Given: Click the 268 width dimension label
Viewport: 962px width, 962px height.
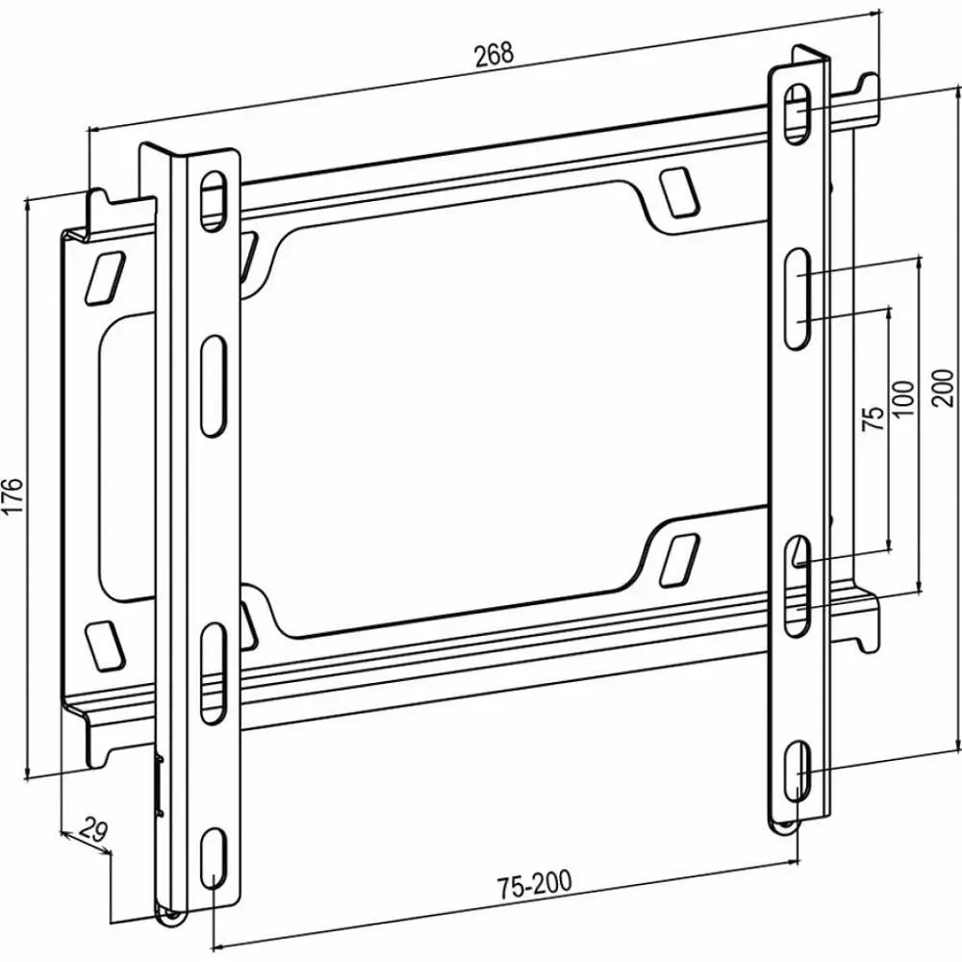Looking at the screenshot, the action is tap(494, 54).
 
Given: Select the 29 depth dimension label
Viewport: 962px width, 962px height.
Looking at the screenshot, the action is tap(93, 831).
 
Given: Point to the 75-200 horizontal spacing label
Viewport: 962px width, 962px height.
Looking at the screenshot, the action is tap(534, 884).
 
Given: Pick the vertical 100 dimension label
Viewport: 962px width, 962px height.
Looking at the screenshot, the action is tap(903, 399).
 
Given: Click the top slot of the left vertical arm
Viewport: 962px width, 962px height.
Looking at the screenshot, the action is tap(213, 201).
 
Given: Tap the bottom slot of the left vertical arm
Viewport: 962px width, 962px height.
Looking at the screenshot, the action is tap(214, 856).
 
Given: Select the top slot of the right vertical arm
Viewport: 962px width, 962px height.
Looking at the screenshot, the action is tap(797, 113).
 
